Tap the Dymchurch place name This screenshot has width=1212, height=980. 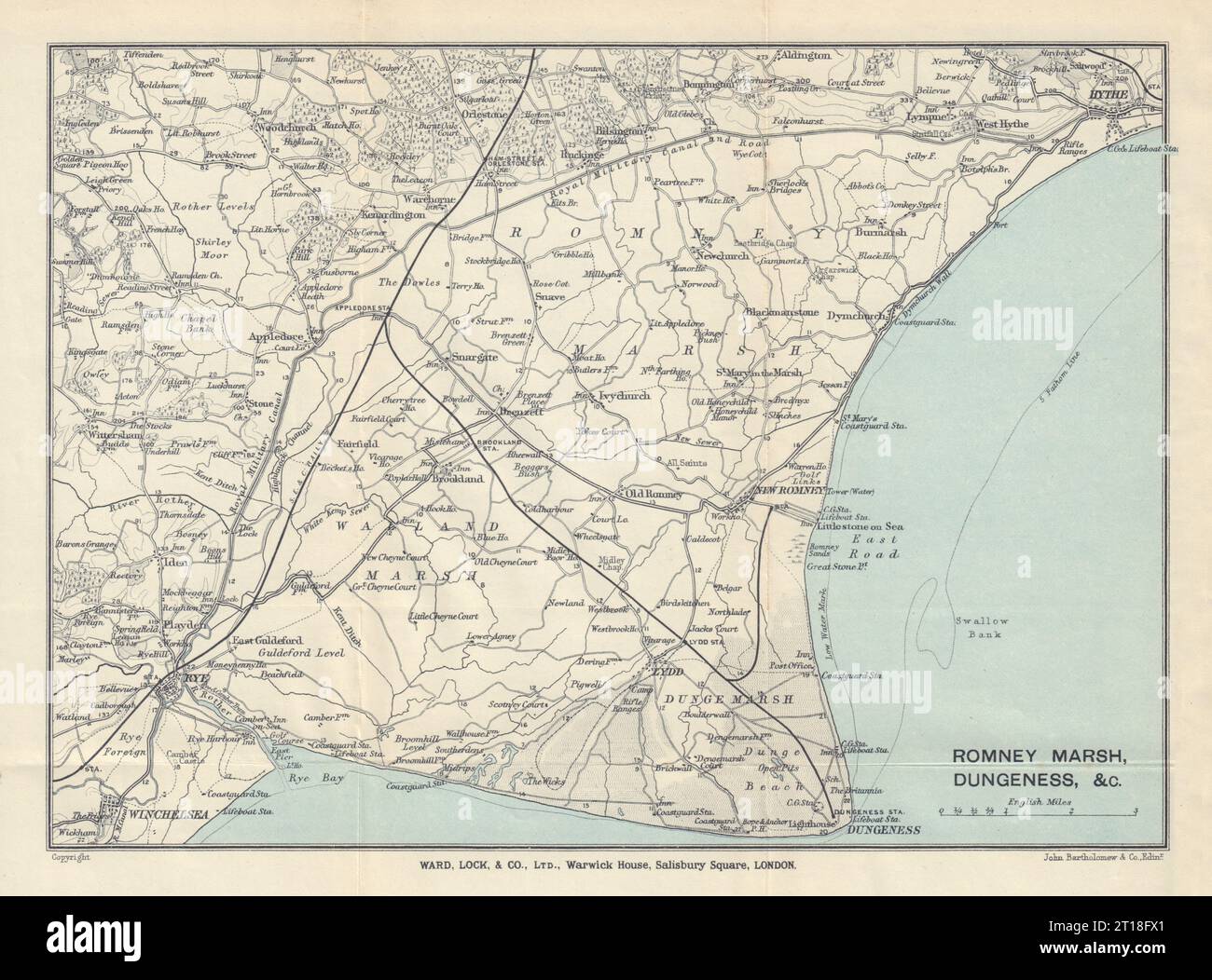857,317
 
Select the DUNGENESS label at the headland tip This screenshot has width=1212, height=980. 881,829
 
